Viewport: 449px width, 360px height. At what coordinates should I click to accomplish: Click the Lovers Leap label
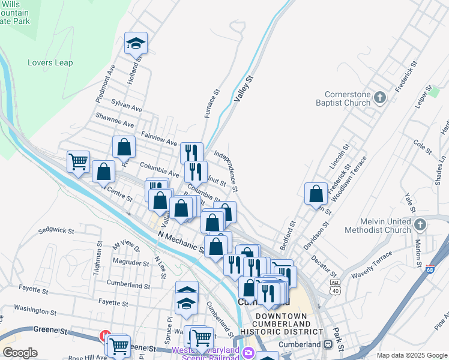click(x=50, y=63)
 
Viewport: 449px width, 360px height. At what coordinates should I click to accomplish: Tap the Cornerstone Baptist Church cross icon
click(x=379, y=98)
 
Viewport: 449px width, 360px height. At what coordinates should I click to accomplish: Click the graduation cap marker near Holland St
click(x=136, y=43)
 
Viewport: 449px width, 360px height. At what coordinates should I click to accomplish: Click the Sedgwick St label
click(x=55, y=230)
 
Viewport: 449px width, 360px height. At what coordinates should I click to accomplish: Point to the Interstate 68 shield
click(x=430, y=269)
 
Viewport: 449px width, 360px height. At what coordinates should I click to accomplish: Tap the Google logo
click(x=19, y=353)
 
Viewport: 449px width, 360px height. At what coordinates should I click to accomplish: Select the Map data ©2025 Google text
click(x=411, y=355)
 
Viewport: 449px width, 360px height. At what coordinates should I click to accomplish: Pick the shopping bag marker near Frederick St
click(x=316, y=194)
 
